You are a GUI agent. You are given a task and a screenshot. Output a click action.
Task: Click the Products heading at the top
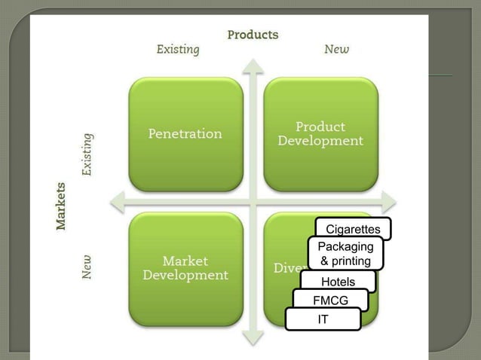(x=253, y=35)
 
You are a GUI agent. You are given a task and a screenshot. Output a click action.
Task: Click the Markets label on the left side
(x=61, y=205)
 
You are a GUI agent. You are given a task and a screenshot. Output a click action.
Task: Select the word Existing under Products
(x=178, y=50)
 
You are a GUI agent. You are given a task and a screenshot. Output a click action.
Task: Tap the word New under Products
(x=336, y=50)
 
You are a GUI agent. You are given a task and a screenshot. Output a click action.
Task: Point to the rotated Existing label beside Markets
(x=87, y=154)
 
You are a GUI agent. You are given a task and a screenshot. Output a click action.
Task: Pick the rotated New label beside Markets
(x=87, y=266)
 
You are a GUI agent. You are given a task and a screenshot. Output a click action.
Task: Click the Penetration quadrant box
(x=185, y=134)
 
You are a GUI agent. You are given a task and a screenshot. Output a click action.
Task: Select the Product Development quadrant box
(x=320, y=134)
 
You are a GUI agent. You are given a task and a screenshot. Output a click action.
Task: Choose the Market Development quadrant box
(x=185, y=268)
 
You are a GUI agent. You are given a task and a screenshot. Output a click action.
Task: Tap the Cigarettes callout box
(x=353, y=228)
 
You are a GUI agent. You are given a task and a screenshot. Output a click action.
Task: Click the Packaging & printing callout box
(x=345, y=254)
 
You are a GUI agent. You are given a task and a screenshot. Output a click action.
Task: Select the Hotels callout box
(x=338, y=282)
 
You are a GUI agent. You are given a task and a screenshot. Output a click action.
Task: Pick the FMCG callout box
(x=330, y=300)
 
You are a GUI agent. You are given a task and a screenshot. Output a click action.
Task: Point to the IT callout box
(x=323, y=319)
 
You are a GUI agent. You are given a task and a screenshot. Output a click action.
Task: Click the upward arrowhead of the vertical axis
(x=253, y=66)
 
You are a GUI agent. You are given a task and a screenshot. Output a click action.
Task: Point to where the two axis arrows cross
(x=253, y=202)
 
